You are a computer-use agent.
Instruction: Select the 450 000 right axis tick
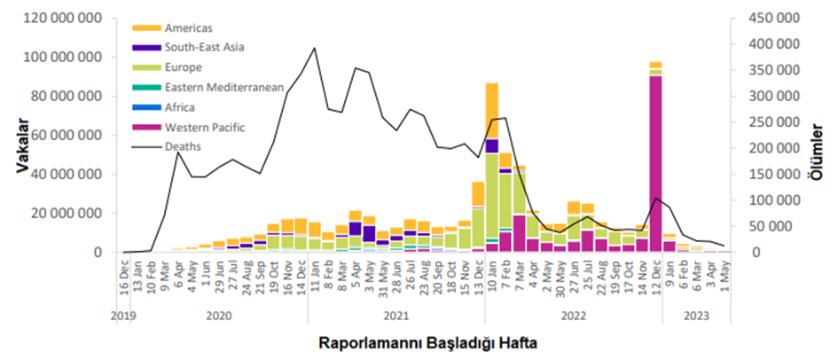767,19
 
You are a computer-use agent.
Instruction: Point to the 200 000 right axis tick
767,149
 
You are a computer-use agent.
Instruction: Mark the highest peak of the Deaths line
314,48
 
